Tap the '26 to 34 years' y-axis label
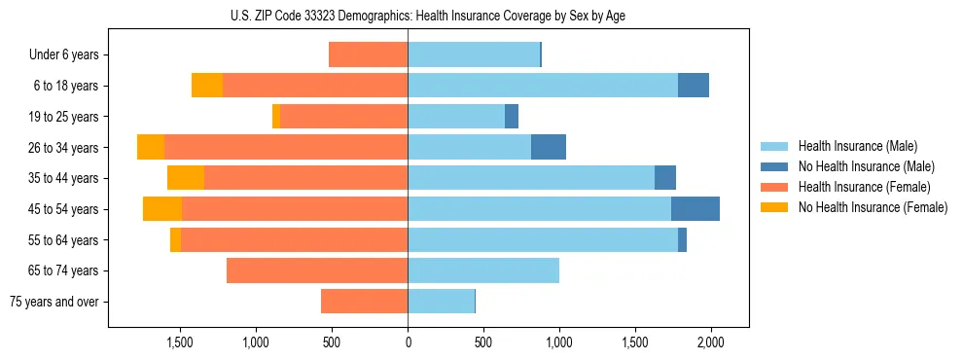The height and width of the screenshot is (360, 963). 63,148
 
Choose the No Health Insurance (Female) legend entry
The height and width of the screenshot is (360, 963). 873,207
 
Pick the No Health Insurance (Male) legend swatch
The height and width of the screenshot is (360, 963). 774,166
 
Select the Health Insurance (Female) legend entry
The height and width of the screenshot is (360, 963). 863,187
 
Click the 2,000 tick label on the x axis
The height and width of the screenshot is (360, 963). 711,343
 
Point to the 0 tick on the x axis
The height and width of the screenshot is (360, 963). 408,343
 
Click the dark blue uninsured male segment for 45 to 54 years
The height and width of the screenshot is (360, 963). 695,209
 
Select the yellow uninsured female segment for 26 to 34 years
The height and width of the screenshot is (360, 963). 151,147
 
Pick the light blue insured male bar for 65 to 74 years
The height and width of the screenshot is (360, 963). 483,270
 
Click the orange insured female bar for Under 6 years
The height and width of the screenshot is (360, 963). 368,54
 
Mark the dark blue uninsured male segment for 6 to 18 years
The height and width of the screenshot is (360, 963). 694,86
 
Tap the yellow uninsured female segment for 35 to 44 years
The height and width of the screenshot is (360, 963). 186,178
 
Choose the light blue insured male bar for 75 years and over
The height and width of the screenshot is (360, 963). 441,302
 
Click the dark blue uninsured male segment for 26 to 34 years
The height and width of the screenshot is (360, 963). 549,147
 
